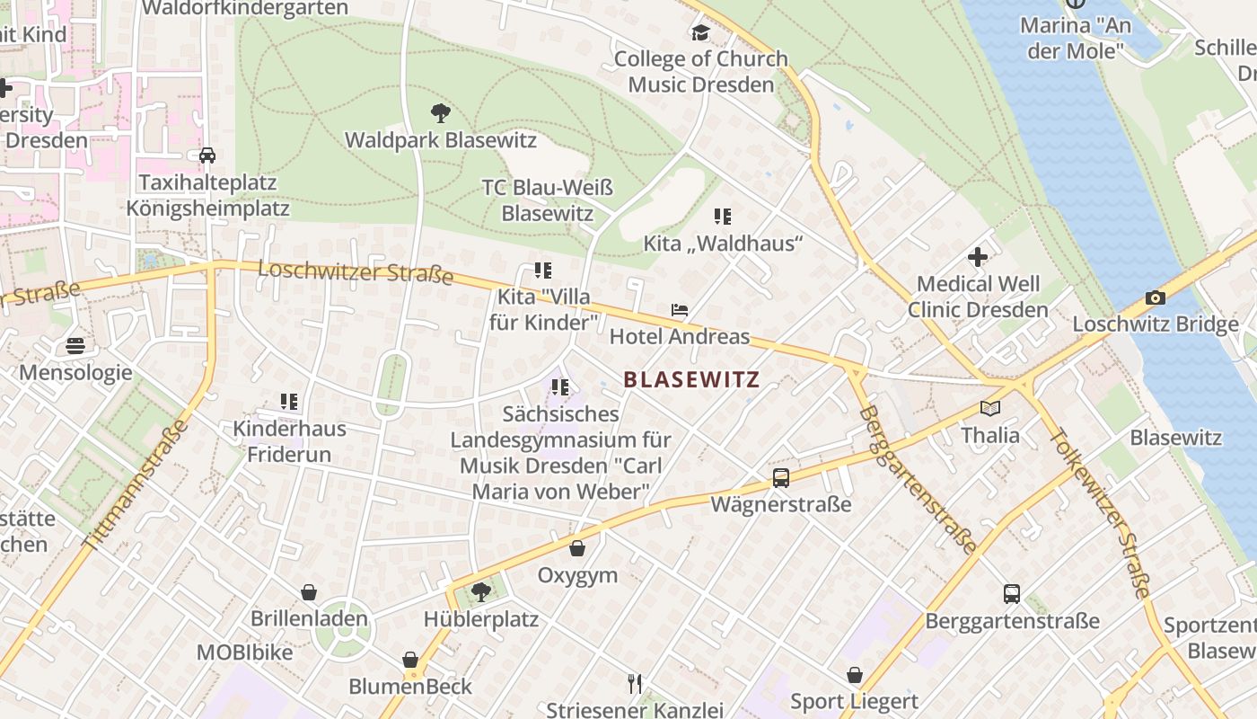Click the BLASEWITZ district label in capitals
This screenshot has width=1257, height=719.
pos(691,379)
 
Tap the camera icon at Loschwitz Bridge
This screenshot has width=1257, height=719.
pos(1156,297)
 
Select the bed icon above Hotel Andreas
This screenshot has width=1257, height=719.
pos(680,311)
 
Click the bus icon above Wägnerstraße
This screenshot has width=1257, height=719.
pos(781,478)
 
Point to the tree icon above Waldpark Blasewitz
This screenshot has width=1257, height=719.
pos(440,113)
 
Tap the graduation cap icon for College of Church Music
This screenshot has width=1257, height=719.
pos(700,33)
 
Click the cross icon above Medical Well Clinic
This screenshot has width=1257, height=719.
pos(978,258)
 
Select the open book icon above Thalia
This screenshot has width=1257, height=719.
pos(989,409)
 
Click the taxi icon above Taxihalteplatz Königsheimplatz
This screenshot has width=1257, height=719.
pos(207,155)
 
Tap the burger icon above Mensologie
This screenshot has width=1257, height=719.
pos(75,346)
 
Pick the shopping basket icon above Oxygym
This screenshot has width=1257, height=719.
pos(577,548)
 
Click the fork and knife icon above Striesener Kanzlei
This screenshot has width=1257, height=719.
pos(635,684)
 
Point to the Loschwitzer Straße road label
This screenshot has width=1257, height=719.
pos(356,271)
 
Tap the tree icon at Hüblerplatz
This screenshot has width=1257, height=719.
pos(481,591)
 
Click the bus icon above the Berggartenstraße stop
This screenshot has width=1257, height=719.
pos(1012,594)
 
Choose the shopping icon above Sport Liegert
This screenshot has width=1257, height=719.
pos(855,674)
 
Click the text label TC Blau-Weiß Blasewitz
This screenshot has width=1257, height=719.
pos(548,200)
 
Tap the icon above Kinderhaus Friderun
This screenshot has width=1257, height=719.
pos(288,402)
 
